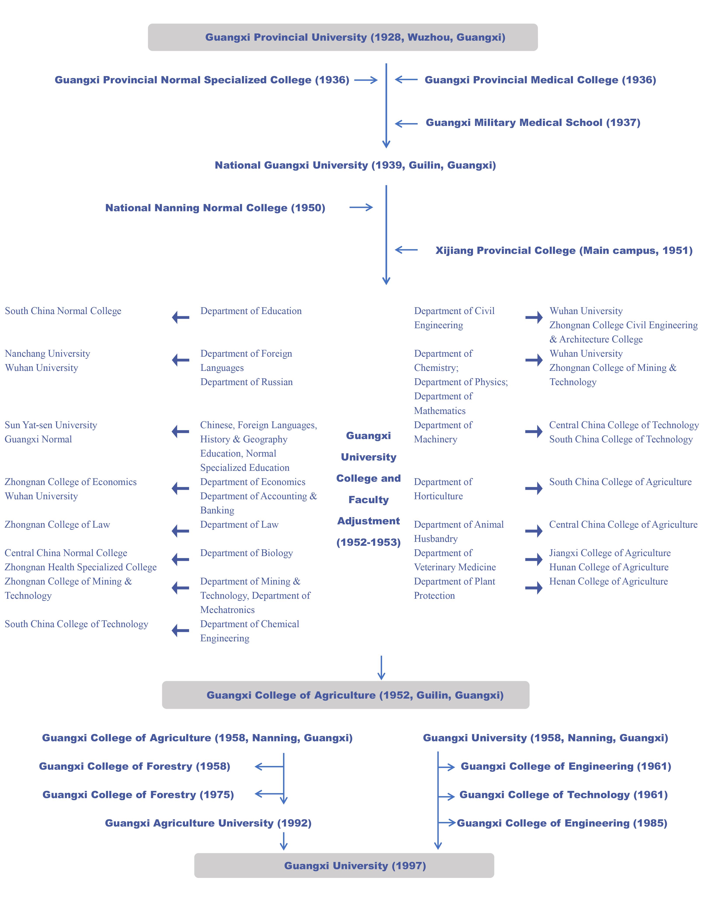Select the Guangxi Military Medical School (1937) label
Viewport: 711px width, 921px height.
coord(533,123)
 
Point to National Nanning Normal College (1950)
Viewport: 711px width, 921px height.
coord(215,208)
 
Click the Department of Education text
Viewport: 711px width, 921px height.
coord(251,311)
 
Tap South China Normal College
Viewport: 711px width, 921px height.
coord(63,311)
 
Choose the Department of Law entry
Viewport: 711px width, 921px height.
coord(239,525)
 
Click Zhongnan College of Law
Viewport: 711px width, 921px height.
coord(57,525)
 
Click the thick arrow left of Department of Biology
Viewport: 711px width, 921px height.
coord(180,560)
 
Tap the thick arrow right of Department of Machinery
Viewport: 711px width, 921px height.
coord(534,431)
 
